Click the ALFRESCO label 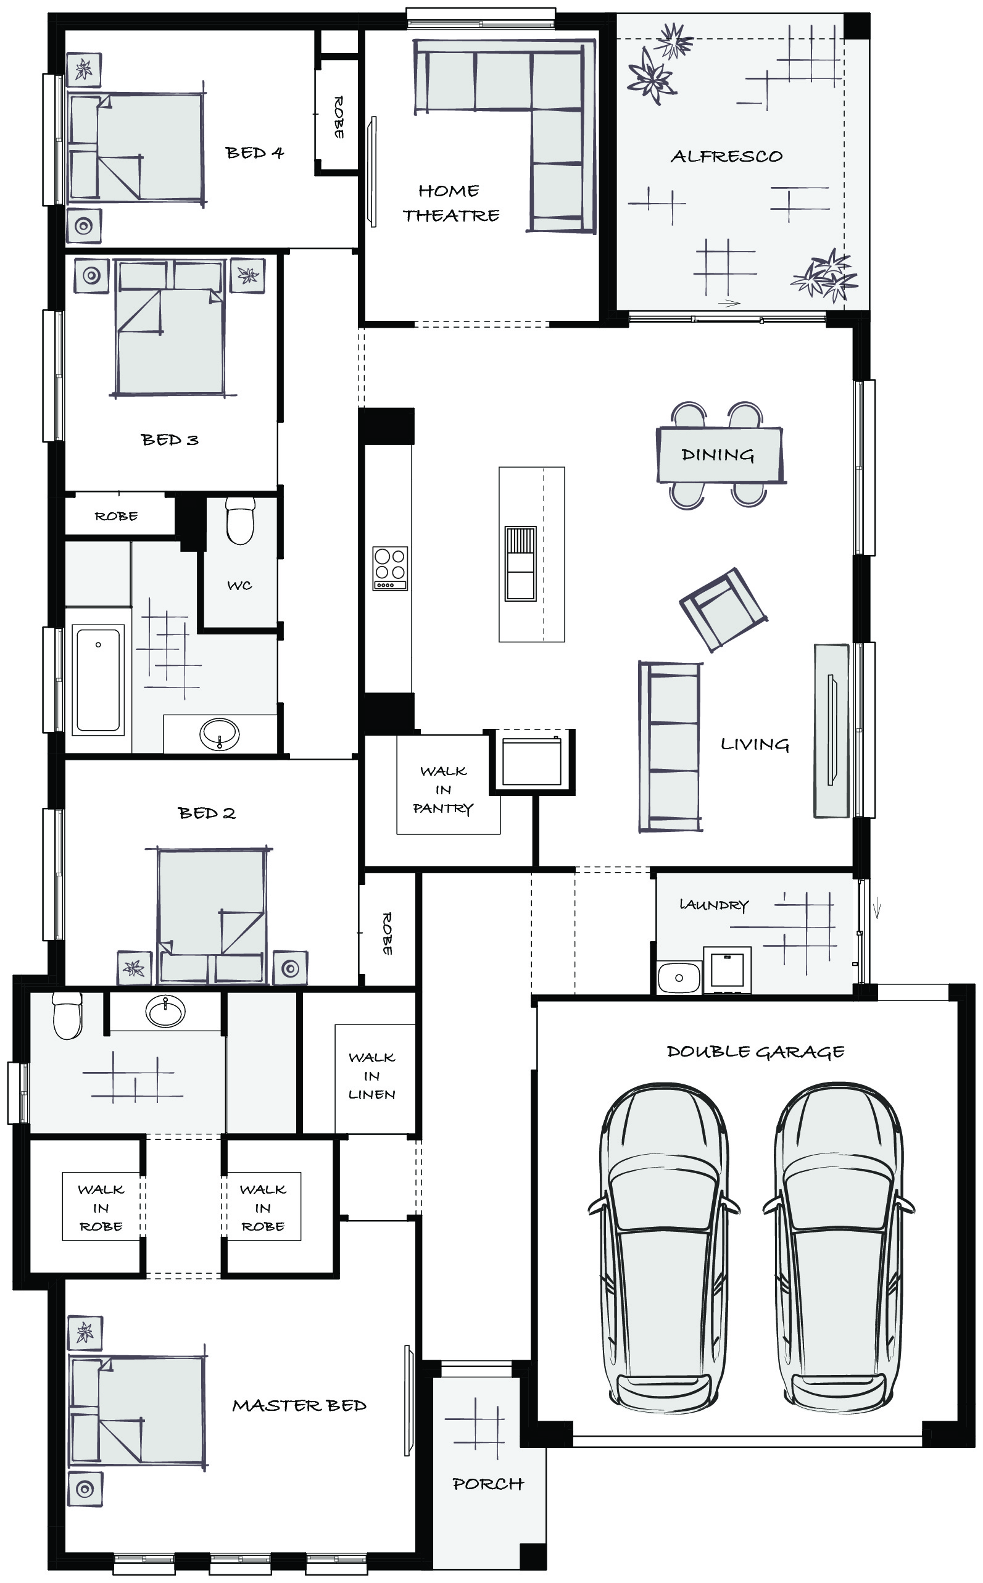[726, 156]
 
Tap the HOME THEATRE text [450, 203]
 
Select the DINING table [719, 454]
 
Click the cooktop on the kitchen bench [390, 568]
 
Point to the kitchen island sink [521, 563]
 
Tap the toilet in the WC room [240, 520]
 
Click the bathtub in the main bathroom [98, 679]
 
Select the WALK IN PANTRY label [444, 789]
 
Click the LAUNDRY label [714, 904]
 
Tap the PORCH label [487, 1484]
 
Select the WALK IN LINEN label [372, 1076]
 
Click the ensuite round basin [165, 1012]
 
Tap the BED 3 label [170, 439]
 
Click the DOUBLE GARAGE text [755, 1052]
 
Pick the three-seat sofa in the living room [670, 746]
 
